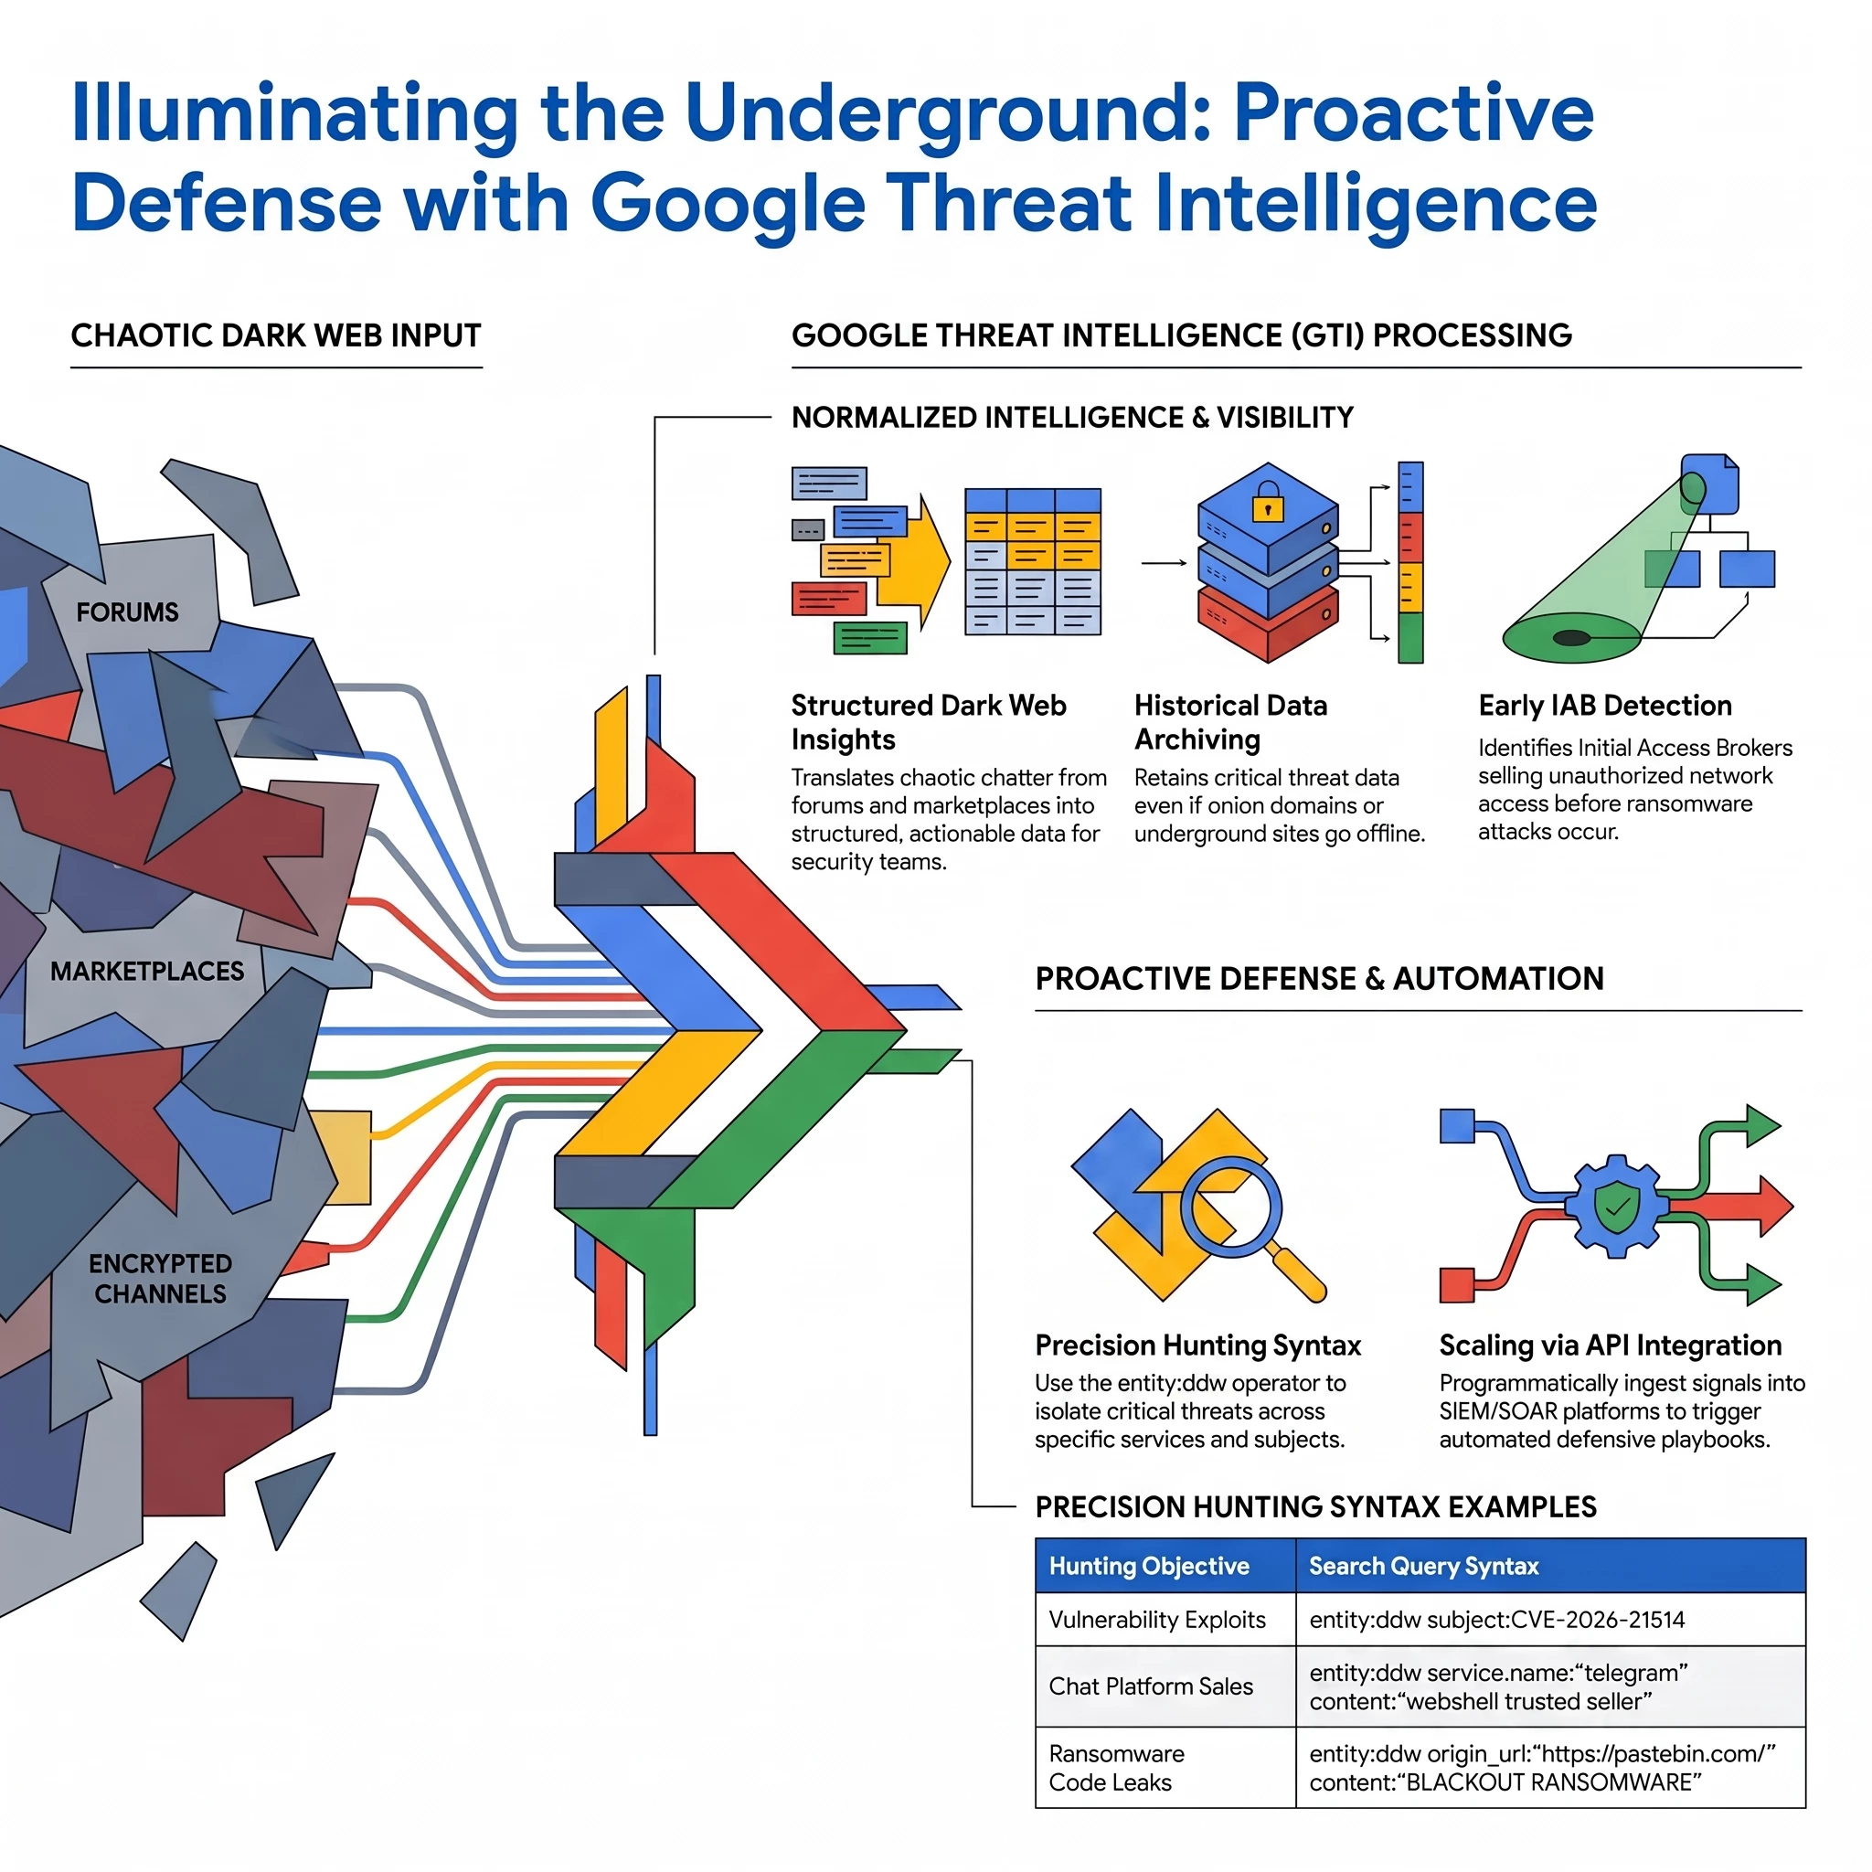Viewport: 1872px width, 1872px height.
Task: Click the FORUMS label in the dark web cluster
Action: pyautogui.click(x=127, y=612)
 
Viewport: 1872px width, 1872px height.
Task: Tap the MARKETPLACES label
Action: pyautogui.click(x=147, y=971)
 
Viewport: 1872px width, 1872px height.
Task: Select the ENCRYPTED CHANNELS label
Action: pyautogui.click(x=160, y=1278)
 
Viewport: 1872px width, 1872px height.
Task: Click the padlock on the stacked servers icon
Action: pyautogui.click(x=1268, y=505)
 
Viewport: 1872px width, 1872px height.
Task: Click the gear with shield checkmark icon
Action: pyautogui.click(x=1615, y=1207)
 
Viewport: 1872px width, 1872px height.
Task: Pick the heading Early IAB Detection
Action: pyautogui.click(x=1604, y=706)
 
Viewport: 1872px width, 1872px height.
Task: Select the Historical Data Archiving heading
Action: pyautogui.click(x=1230, y=722)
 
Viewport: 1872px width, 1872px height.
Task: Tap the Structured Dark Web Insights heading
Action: pyautogui.click(x=929, y=722)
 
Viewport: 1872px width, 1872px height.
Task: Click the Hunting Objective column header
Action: pyautogui.click(x=1149, y=1566)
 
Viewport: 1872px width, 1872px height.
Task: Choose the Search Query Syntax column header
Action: pyautogui.click(x=1423, y=1566)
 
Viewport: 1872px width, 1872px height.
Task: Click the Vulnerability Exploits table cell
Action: pyautogui.click(x=1165, y=1619)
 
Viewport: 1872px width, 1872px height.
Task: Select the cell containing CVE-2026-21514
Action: pyautogui.click(x=1550, y=1619)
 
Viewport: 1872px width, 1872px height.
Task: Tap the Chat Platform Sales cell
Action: pyautogui.click(x=1165, y=1686)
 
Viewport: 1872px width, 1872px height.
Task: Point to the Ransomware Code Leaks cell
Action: pyautogui.click(x=1165, y=1768)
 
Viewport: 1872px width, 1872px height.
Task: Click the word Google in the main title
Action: pyautogui.click(x=727, y=205)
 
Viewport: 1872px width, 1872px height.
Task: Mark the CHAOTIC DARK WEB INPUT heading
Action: pyautogui.click(x=276, y=335)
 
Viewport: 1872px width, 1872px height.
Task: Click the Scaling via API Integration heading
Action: pyautogui.click(x=1611, y=1345)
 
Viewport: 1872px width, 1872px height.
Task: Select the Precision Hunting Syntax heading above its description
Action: pyautogui.click(x=1197, y=1345)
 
